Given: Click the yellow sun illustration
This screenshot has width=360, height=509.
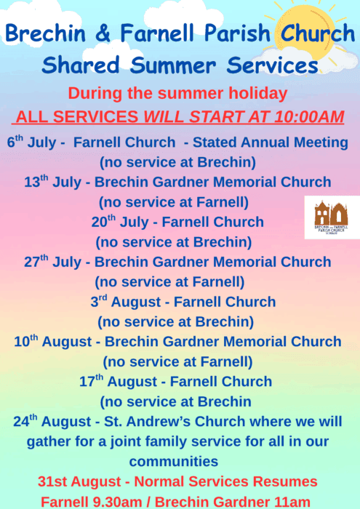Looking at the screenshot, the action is (305, 33).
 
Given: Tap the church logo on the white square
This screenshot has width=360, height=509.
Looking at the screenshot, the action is (331, 217).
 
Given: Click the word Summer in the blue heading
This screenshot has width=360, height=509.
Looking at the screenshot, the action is (173, 65).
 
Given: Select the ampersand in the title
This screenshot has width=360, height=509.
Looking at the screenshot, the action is (103, 33).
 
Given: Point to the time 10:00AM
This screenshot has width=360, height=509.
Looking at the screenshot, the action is (308, 117).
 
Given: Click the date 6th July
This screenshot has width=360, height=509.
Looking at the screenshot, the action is (31, 142).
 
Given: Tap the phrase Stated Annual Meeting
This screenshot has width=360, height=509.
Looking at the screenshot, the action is (271, 143).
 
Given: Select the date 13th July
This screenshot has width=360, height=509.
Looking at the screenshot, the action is (52, 182).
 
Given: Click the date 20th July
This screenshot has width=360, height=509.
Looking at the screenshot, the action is (120, 222).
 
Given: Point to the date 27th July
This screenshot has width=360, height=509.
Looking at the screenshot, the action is (52, 262).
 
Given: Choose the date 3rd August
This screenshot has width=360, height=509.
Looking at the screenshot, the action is (126, 302).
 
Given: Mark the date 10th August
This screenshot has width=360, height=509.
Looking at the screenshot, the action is (53, 342).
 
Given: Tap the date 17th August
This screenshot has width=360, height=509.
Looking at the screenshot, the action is (119, 382).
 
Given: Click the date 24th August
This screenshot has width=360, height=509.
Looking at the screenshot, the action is (52, 421).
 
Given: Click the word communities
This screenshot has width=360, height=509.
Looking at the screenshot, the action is (174, 461).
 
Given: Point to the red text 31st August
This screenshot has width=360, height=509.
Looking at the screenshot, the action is (79, 481).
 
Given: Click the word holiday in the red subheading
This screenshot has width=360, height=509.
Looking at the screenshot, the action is (258, 94).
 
